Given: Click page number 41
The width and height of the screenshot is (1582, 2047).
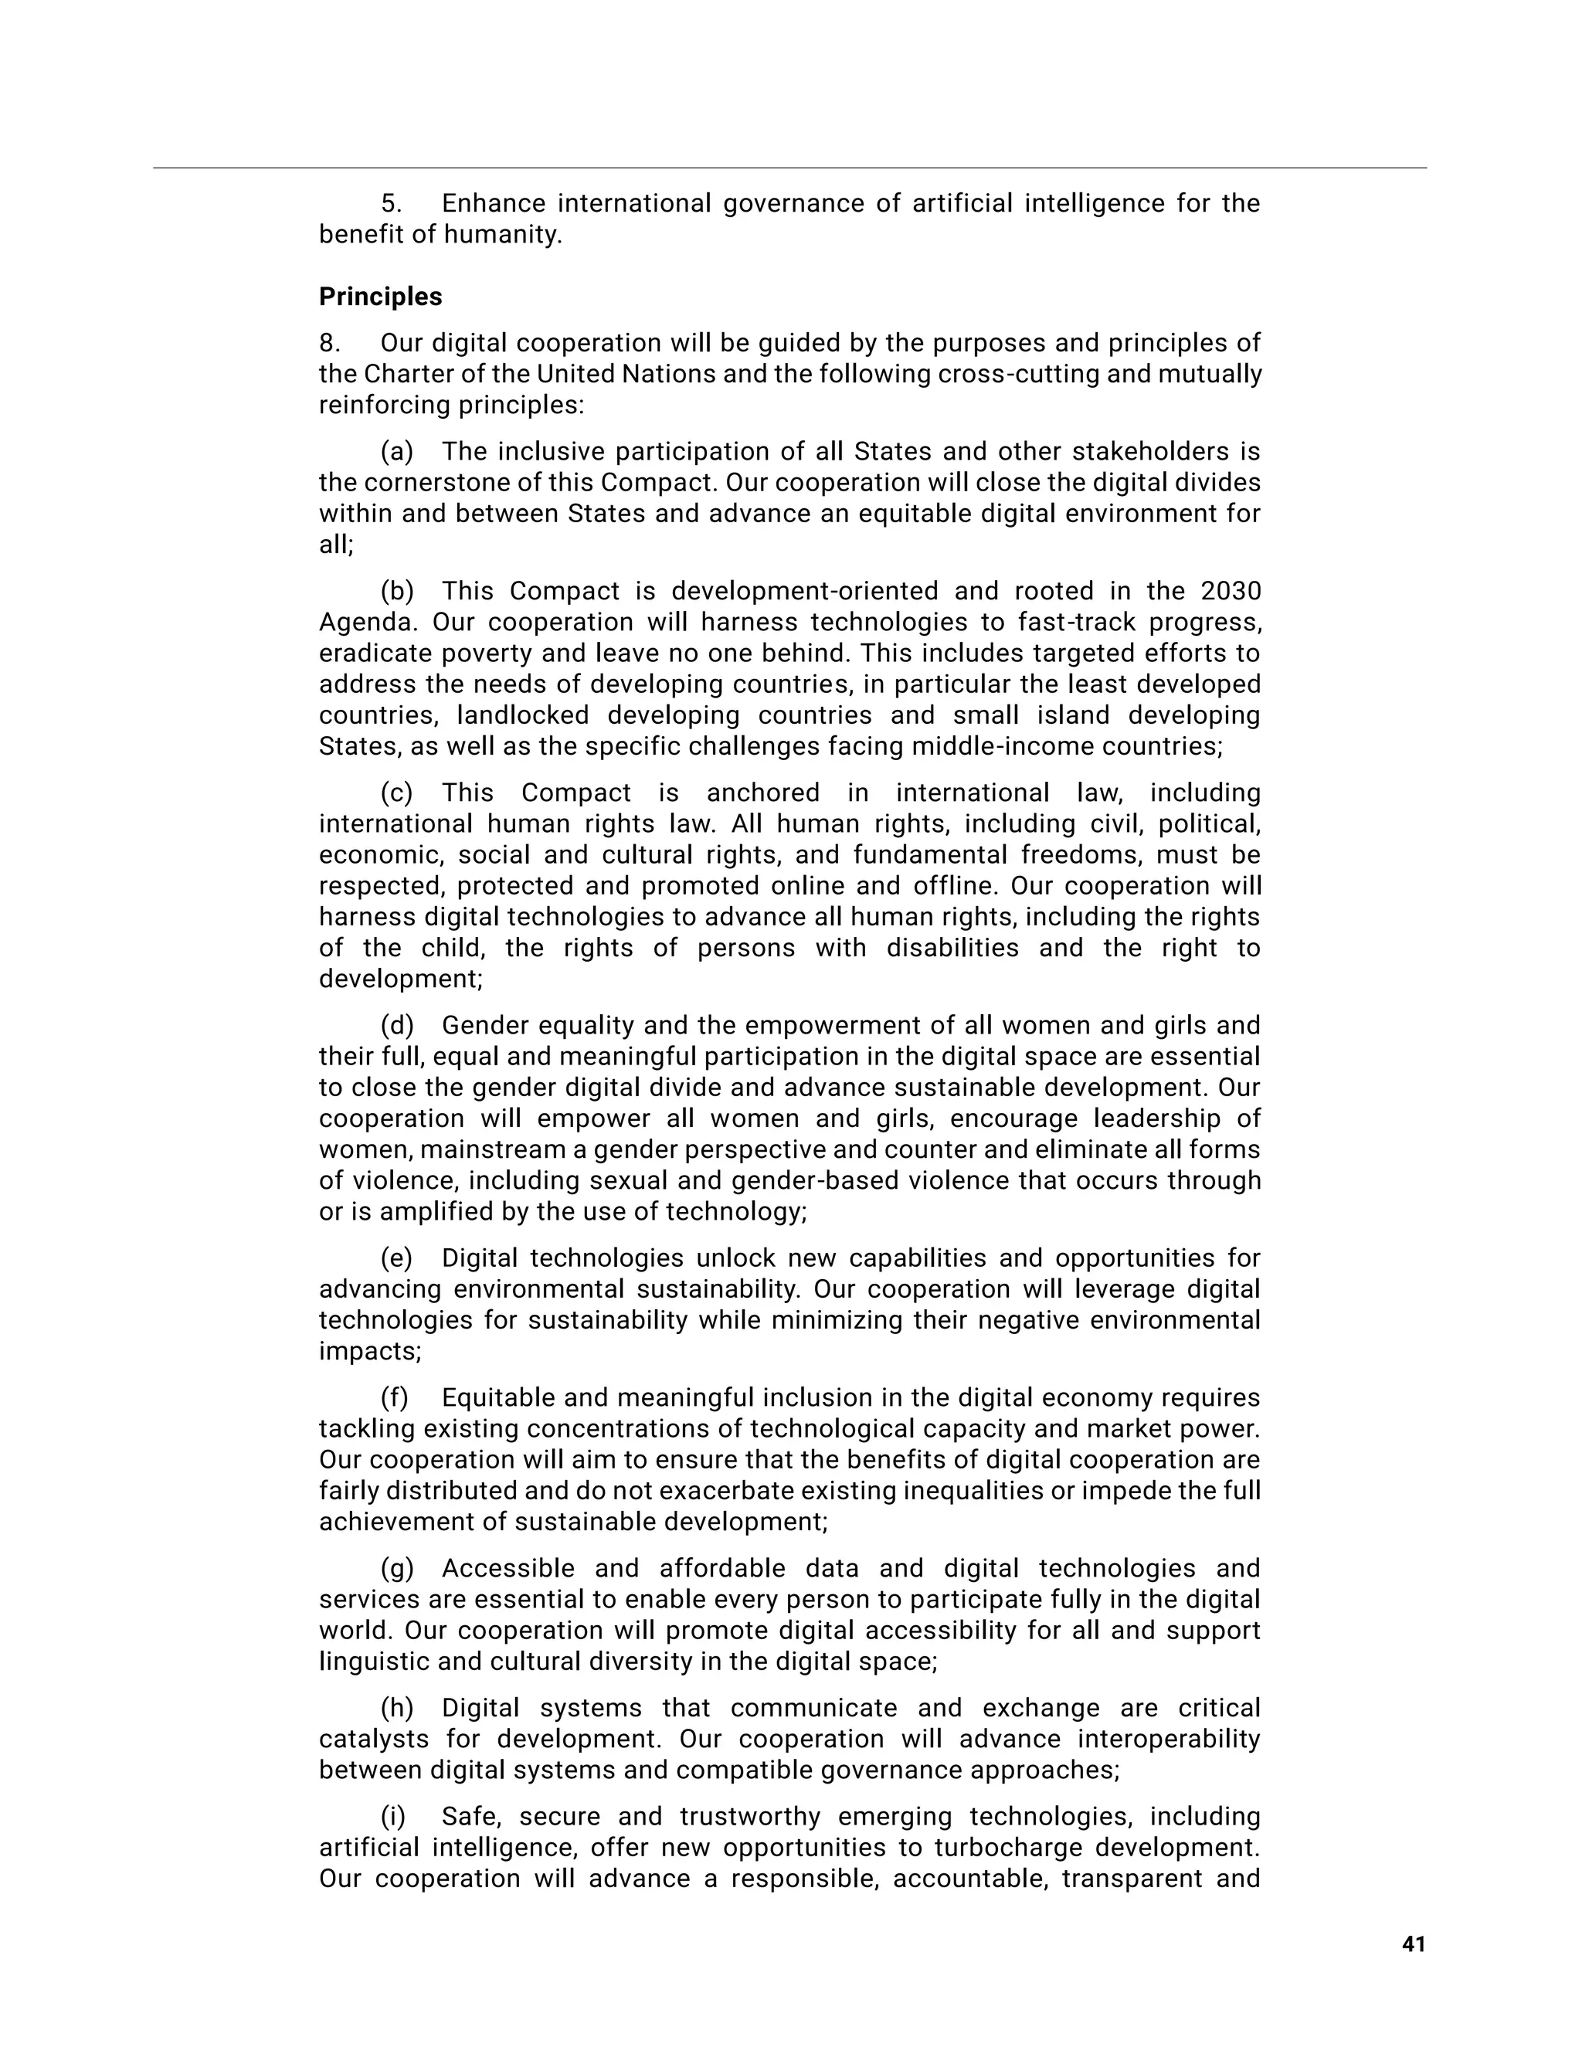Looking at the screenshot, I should tap(1414, 1945).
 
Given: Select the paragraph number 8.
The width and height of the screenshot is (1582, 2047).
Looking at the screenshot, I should tap(329, 343).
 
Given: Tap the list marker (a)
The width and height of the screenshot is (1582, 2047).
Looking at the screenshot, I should tap(396, 452).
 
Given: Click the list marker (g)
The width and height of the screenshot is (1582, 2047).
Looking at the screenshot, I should tap(396, 1568).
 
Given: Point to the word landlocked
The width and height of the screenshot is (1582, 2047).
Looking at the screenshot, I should tap(523, 715).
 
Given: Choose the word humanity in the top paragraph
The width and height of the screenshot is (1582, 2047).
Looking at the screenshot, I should tap(502, 234).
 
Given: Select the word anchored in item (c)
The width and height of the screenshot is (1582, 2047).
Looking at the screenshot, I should tap(763, 793).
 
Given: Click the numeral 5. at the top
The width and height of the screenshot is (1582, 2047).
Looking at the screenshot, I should tap(392, 203).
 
